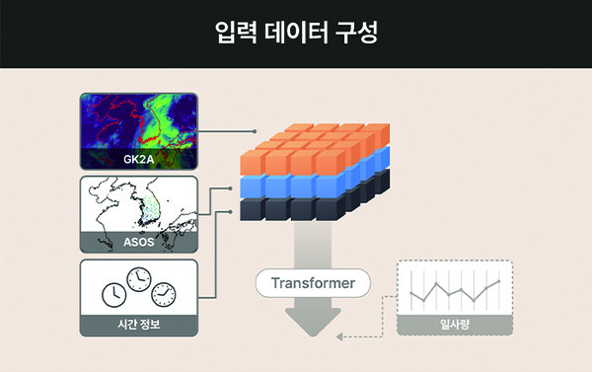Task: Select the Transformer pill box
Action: coord(312,284)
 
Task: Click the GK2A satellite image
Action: coord(138,120)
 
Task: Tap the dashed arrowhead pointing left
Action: coord(340,337)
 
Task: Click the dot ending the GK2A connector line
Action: coord(255,131)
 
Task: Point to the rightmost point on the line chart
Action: coord(498,280)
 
